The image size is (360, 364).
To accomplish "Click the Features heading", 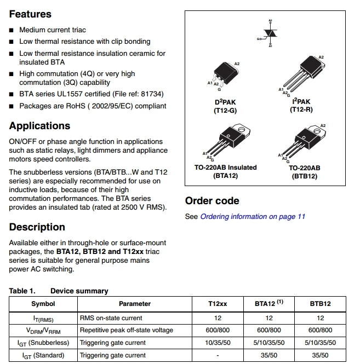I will (x=30, y=14).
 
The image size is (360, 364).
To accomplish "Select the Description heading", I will (x=37, y=227).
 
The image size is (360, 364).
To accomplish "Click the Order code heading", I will (x=212, y=201).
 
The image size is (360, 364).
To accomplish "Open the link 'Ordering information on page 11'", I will (x=253, y=216).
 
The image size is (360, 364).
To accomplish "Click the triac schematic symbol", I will (x=270, y=33).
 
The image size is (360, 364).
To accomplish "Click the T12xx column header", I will (x=218, y=304).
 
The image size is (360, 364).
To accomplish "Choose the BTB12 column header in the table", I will (x=320, y=304).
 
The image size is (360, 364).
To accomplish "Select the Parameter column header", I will (x=134, y=304).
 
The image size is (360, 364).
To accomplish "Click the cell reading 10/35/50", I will (x=218, y=343).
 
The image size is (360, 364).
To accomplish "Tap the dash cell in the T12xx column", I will (x=218, y=355).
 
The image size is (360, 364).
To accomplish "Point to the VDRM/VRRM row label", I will (x=43, y=330).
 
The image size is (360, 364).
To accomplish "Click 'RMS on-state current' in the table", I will (x=111, y=317).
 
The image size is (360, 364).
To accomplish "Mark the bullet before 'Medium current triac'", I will (x=12, y=30).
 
